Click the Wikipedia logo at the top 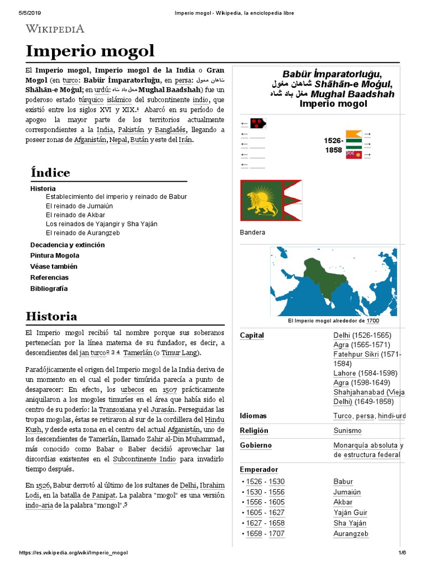[55, 29]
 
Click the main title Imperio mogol [90, 51]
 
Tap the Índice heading [50, 172]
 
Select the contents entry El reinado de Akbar [75, 215]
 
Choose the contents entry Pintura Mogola [55, 255]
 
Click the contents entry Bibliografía [49, 289]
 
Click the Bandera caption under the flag [252, 233]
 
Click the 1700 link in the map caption [372, 321]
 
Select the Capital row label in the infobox [252, 336]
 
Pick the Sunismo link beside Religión [348, 431]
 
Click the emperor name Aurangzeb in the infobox [351, 534]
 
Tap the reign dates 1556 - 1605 [265, 502]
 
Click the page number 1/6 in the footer [402, 553]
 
